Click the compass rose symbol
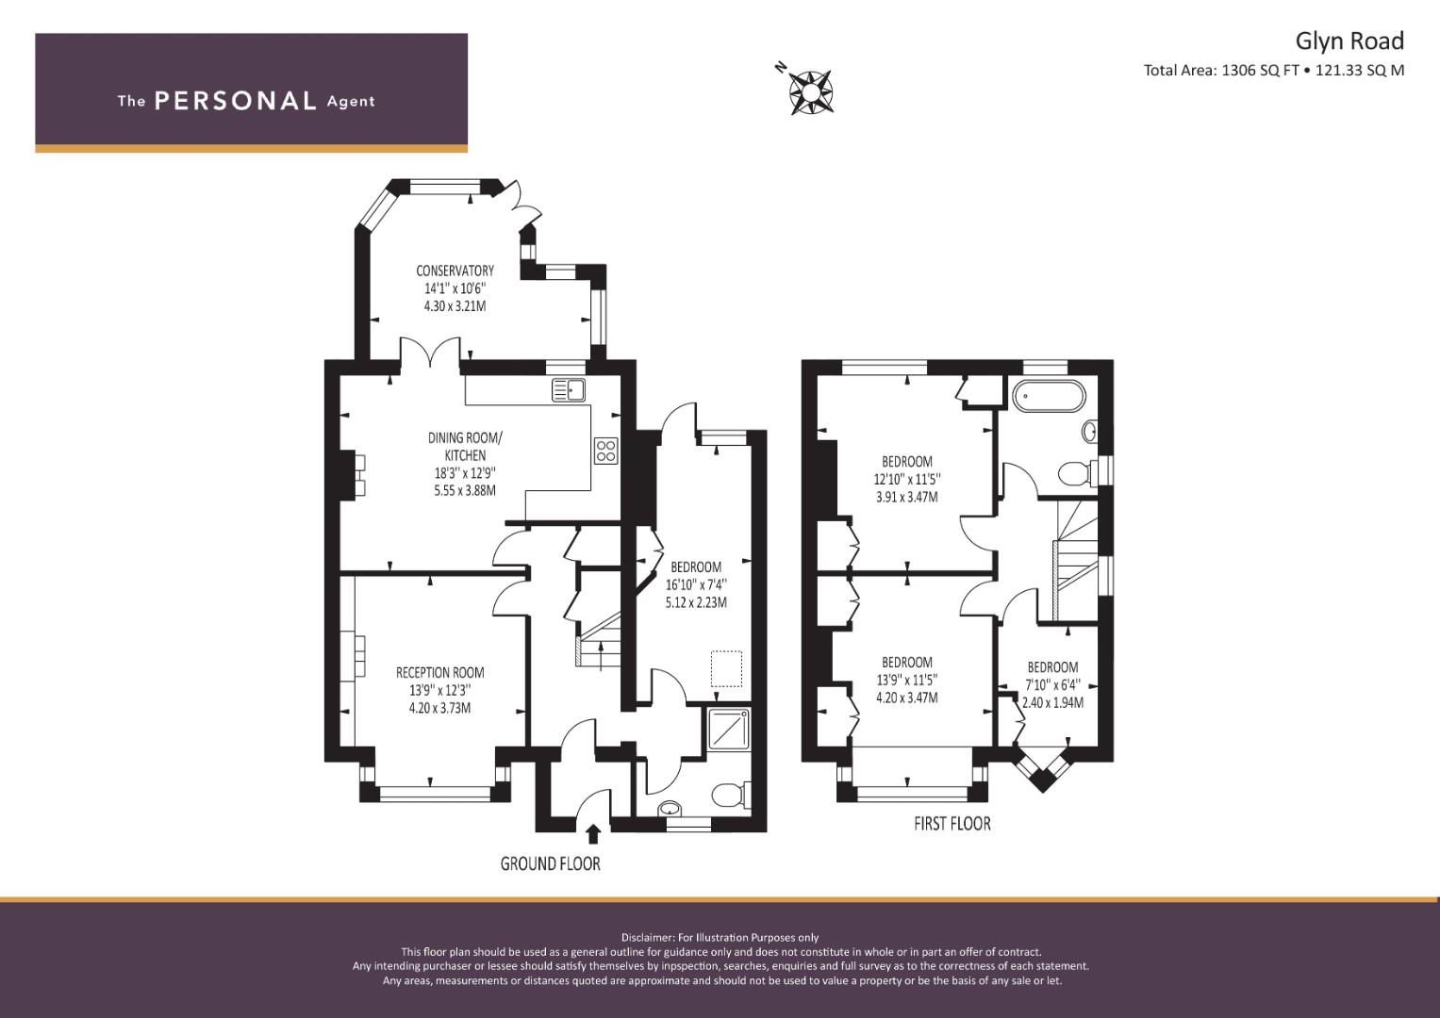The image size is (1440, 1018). tap(810, 92)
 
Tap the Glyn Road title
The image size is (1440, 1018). tap(1349, 41)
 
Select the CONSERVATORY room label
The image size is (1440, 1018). tap(455, 271)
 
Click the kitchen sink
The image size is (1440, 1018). tap(569, 390)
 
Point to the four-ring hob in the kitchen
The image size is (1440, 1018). tap(605, 450)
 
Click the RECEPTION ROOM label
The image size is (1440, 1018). tap(439, 673)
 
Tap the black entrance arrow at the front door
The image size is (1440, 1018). tap(593, 833)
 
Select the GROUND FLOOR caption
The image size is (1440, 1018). tap(551, 863)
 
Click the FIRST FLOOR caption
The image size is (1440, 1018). tap(952, 824)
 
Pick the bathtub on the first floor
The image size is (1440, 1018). tap(1049, 395)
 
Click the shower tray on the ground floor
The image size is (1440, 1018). tap(728, 729)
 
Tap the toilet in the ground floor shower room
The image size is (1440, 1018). tap(731, 795)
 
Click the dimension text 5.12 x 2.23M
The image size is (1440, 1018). tap(696, 603)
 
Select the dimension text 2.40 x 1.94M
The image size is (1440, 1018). tap(1052, 702)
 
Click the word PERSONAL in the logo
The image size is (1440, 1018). tap(236, 101)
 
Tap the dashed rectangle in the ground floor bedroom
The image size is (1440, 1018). tap(726, 669)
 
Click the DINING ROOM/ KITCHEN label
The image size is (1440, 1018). tap(466, 446)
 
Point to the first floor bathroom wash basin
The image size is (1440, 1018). tap(1089, 431)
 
